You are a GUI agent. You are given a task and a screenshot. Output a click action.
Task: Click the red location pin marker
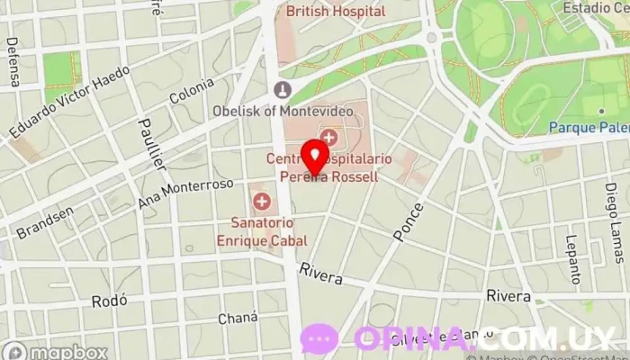315,156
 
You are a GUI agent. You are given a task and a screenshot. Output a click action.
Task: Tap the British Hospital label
335,12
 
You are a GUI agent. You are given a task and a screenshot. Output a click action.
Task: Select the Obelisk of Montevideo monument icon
283,90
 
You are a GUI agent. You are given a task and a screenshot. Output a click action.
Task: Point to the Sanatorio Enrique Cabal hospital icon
262,201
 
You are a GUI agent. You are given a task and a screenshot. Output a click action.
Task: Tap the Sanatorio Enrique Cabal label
261,231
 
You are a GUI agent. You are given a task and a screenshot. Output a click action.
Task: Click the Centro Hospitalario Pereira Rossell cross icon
330,138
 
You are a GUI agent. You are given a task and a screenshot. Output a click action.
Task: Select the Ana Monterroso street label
186,193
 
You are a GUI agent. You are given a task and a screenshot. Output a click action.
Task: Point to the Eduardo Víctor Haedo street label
69,102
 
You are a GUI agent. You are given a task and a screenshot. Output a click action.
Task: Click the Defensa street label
13,61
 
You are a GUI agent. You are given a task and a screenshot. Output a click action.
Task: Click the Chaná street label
238,319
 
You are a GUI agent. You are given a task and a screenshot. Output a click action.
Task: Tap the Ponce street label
408,221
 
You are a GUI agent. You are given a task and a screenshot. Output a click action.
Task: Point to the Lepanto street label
572,259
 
